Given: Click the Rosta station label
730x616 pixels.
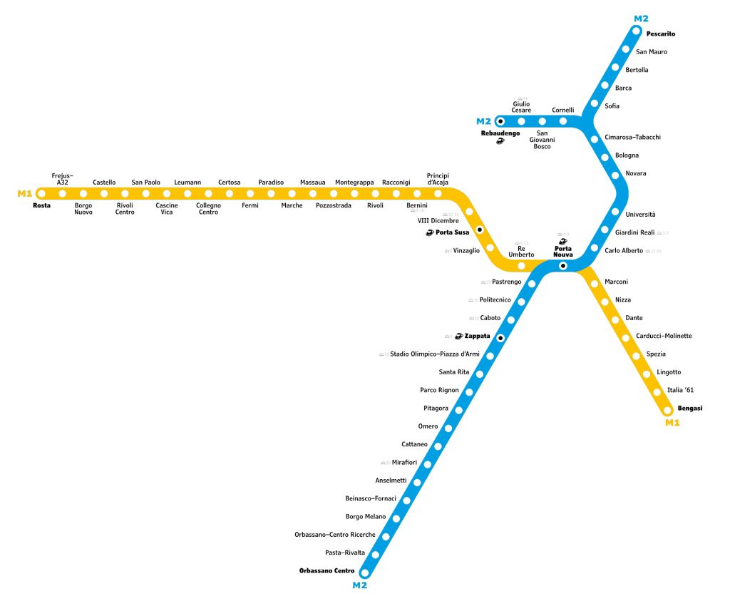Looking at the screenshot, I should point(41,205).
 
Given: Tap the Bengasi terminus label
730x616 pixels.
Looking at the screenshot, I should point(689,408).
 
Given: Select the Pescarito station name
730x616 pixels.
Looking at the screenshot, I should point(660,34).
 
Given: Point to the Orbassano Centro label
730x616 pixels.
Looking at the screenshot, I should point(326,570).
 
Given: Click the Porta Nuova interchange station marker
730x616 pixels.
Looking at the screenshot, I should point(562,266).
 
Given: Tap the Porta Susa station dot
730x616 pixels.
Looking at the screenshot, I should point(480,230).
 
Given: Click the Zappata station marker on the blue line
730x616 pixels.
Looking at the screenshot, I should point(500,337).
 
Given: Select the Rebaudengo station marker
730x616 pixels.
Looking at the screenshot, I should point(500,121).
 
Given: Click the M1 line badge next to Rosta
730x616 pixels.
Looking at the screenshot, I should point(25,193).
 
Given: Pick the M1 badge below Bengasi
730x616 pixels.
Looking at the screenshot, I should point(672,423).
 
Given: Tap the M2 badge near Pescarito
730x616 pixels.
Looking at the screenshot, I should point(641,19).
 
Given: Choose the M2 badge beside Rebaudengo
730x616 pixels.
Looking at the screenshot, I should point(483,121).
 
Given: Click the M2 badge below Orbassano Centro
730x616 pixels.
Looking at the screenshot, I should point(360,585).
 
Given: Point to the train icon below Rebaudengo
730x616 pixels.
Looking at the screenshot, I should point(500,141).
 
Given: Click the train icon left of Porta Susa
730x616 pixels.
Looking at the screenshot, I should point(429,232).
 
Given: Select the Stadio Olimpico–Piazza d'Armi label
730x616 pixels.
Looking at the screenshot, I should point(434,354).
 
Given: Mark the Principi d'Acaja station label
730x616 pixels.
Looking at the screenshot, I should point(438,179).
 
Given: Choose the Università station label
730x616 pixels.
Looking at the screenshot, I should point(640,214).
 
